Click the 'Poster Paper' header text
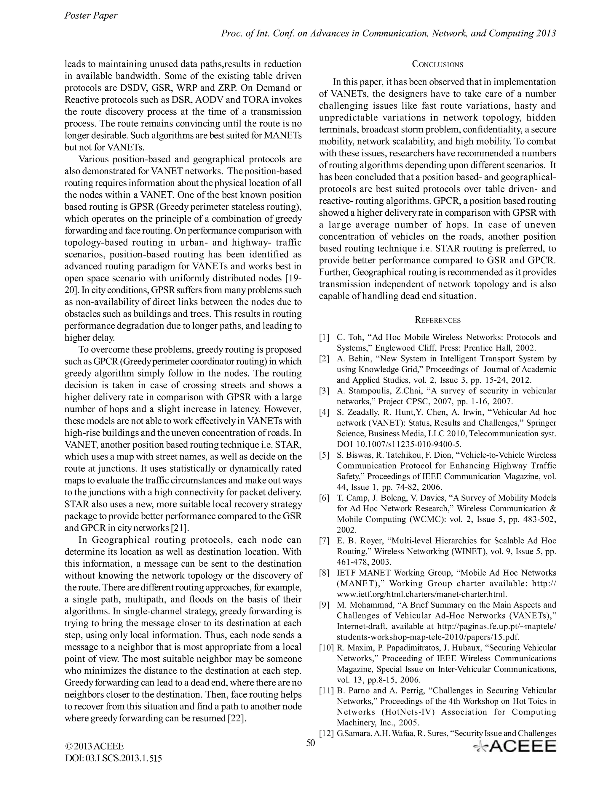tap(91, 16)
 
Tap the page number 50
tap(310, 743)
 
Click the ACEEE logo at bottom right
tap(515, 746)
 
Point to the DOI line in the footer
tap(113, 758)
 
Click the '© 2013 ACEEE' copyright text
tap(94, 746)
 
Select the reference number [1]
tap(324, 337)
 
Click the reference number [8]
tap(324, 573)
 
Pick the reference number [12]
tap(326, 733)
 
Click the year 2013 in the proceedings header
tap(546, 33)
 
